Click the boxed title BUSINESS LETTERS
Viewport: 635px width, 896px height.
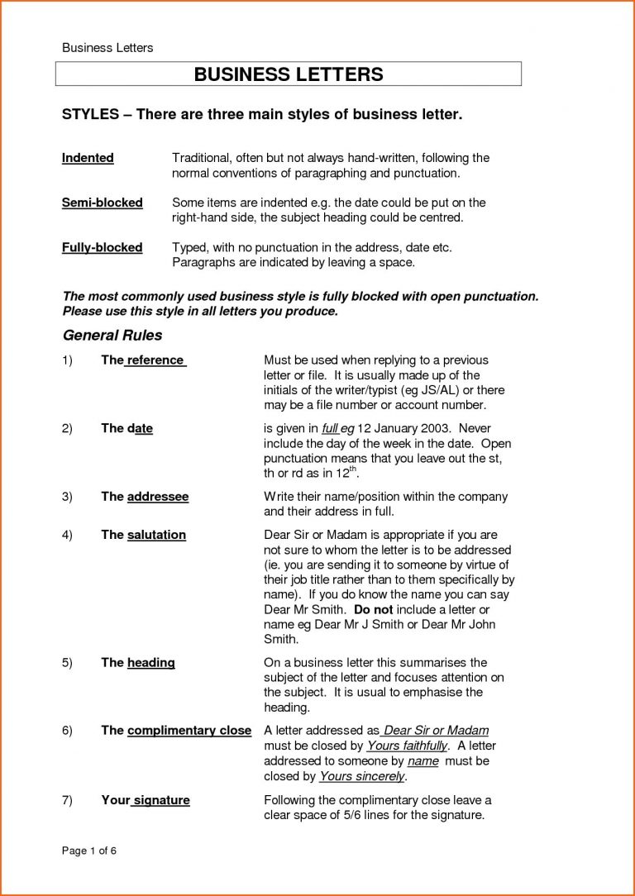[x=289, y=74]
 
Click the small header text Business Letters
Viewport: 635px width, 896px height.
[x=107, y=48]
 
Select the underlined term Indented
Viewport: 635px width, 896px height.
[x=88, y=158]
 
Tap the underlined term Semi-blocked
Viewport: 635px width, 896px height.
[x=103, y=203]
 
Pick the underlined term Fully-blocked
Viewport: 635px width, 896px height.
[x=103, y=247]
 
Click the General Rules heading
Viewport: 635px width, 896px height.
[x=112, y=336]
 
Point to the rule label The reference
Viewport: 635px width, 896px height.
[x=143, y=360]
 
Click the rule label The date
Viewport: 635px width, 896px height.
[x=127, y=428]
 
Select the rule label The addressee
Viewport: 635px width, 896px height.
[x=145, y=497]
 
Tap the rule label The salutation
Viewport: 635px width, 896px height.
[x=143, y=535]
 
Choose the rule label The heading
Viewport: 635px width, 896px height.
[x=137, y=662]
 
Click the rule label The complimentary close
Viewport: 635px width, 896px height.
[x=175, y=731]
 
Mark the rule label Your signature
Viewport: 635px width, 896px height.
[x=145, y=799]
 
